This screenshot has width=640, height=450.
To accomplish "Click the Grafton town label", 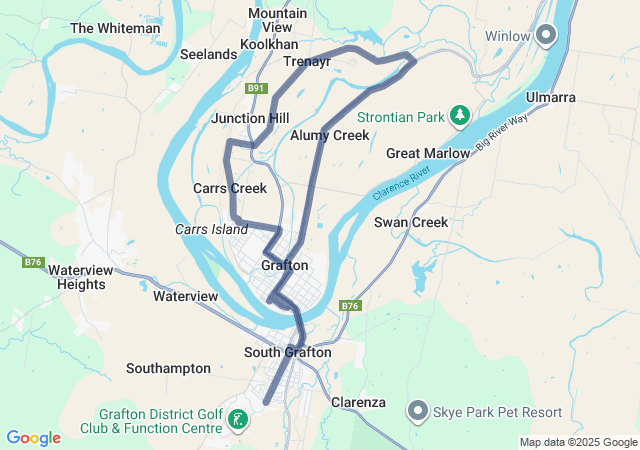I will [x=284, y=266].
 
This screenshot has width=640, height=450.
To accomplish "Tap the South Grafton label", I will [x=288, y=352].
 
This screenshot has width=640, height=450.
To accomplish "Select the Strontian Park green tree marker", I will [x=459, y=117].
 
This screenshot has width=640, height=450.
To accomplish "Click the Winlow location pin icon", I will [x=546, y=36].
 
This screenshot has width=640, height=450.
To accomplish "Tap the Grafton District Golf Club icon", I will [x=237, y=420].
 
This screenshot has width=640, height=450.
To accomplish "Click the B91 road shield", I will [x=257, y=89].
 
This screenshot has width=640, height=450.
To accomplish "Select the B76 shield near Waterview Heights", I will [x=33, y=262].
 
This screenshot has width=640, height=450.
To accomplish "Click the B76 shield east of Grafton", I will [x=349, y=306].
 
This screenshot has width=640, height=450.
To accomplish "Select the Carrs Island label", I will [x=211, y=230].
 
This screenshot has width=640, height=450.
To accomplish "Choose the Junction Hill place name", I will [x=250, y=118].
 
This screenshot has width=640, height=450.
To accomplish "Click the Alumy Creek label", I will [x=329, y=135].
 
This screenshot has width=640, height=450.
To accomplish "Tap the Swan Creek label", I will [x=411, y=222].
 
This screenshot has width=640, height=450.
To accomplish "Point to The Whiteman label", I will [x=115, y=29].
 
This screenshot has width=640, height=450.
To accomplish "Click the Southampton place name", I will [x=168, y=368].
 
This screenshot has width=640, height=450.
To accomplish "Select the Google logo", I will [x=33, y=438].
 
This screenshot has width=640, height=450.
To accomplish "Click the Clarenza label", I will [x=359, y=402].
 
